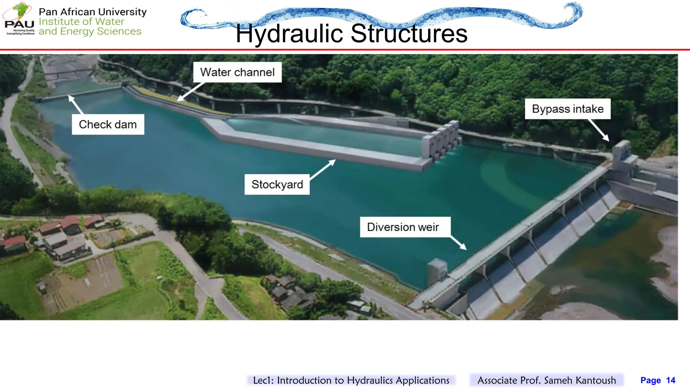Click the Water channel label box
click(237, 72)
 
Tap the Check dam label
click(108, 124)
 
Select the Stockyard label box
click(277, 184)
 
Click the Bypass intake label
click(568, 109)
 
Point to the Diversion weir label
click(403, 227)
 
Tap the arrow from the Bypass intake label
click(599, 130)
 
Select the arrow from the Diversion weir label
click(459, 243)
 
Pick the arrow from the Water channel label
click(191, 91)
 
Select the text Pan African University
click(93, 12)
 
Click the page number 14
click(670, 380)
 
